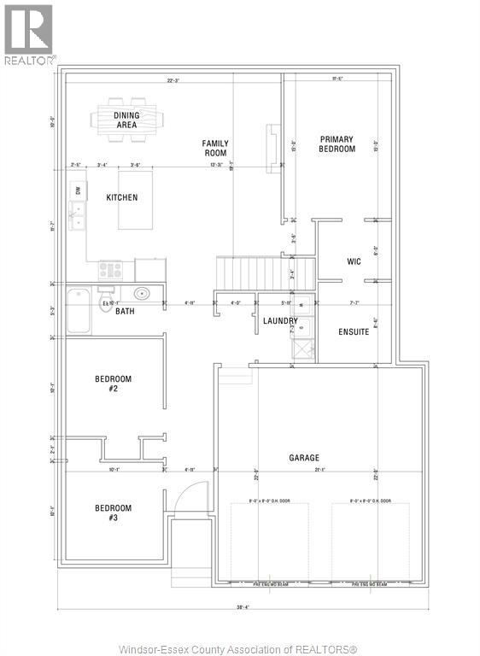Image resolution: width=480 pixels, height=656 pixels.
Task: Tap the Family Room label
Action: coord(215,149)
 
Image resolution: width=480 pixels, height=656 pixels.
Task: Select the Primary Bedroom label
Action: coord(337,143)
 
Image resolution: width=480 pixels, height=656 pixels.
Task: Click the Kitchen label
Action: coord(121,197)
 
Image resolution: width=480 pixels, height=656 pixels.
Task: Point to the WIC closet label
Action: coord(354,261)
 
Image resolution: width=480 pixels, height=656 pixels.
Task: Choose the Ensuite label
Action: coord(354,331)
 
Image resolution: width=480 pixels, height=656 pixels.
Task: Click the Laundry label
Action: coord(280,322)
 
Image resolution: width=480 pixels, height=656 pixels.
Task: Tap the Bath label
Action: coord(126,311)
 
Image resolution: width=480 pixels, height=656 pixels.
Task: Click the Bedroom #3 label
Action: coord(113,512)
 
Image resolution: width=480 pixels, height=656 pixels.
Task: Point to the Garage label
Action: coord(304,458)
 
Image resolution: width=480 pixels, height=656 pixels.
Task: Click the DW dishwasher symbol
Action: coord(78,190)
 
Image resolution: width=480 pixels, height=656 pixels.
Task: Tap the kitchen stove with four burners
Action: coord(111,270)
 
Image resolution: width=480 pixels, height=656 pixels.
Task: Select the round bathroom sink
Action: coord(143,295)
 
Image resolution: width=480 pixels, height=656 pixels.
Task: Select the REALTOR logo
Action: coord(29,35)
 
